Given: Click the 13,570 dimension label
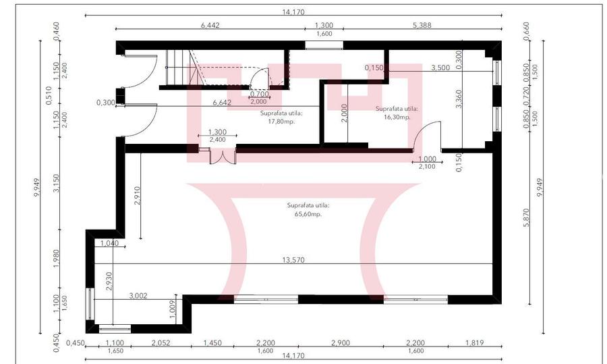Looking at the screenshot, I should (x=291, y=259).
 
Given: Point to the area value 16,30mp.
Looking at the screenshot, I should (x=397, y=116).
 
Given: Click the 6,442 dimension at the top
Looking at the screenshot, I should (x=210, y=25).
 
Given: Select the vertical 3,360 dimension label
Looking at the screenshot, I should (x=459, y=99).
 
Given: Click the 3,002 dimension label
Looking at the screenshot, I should (x=138, y=295).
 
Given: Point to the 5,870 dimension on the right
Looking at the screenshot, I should (x=527, y=217).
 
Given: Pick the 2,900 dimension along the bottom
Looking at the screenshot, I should (x=341, y=343).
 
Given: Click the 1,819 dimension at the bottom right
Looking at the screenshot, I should (x=476, y=343).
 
